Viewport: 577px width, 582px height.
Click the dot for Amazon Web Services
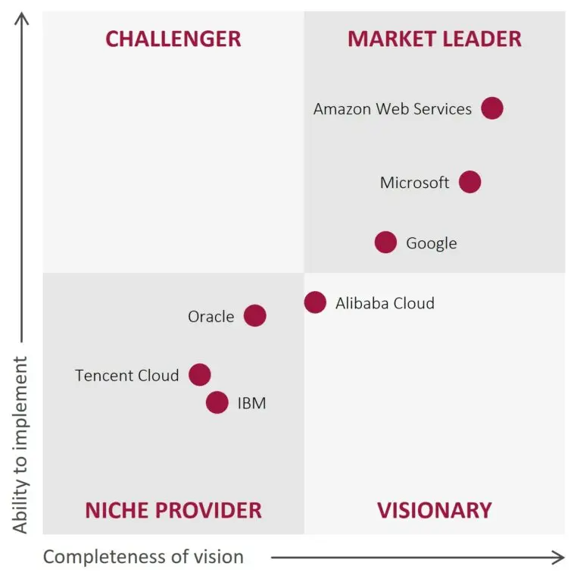492,108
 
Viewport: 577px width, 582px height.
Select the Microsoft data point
469,182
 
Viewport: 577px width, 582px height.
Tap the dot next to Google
385,242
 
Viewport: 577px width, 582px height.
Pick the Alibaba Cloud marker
315,302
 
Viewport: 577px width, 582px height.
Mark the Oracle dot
255,316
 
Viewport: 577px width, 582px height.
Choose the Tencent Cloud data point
199,374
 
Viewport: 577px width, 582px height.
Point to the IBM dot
217,402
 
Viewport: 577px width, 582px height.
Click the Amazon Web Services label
392,109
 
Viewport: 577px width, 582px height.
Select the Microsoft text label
414,183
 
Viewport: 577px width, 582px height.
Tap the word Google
432,243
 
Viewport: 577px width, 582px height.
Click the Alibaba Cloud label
385,303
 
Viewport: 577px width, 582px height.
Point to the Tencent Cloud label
127,375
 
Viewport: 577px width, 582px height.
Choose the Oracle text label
211,317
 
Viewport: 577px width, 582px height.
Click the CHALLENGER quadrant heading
173,39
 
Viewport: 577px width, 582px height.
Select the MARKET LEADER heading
435,39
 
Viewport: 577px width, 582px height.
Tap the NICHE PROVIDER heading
173,510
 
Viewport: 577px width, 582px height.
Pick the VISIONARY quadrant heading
435,510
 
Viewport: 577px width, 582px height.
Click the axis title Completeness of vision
143,557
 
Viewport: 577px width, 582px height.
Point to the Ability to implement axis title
20,445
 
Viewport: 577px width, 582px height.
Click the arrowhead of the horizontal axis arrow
559,558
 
